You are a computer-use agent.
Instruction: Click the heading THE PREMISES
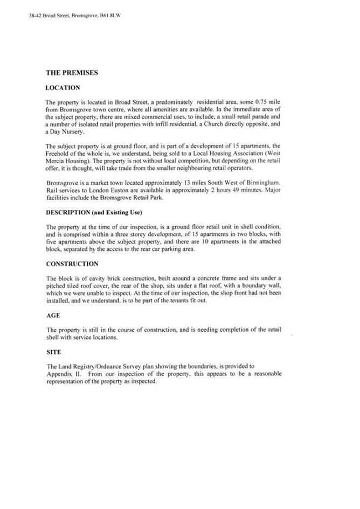(72, 73)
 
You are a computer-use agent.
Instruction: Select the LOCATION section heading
(63, 87)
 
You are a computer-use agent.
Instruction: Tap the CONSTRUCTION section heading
(72, 264)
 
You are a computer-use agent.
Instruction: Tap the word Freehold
(58, 153)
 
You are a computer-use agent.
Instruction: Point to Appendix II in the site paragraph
(63, 373)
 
